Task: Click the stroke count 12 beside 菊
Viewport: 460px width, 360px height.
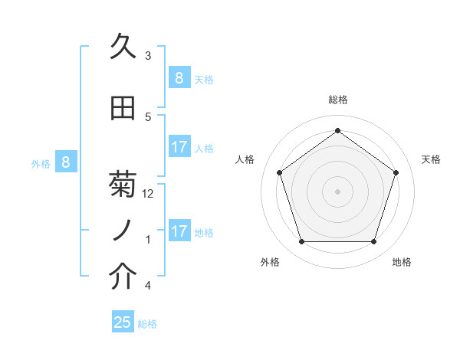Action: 149,194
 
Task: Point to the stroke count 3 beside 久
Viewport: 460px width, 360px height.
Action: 148,56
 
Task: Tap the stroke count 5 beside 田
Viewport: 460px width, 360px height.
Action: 148,117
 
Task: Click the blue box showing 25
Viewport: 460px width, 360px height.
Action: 123,322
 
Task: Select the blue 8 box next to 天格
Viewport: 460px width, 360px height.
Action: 179,77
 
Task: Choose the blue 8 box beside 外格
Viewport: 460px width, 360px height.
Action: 66,162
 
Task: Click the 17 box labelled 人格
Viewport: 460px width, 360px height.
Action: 179,146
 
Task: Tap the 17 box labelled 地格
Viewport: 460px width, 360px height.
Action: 179,231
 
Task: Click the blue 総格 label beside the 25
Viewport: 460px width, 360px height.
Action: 147,324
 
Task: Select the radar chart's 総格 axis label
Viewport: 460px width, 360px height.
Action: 337,100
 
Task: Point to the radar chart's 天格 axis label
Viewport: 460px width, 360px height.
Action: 431,159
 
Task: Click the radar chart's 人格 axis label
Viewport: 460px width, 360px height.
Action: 245,159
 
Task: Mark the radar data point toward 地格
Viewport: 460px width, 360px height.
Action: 373,242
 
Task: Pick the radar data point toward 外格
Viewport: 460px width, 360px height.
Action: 301,242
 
